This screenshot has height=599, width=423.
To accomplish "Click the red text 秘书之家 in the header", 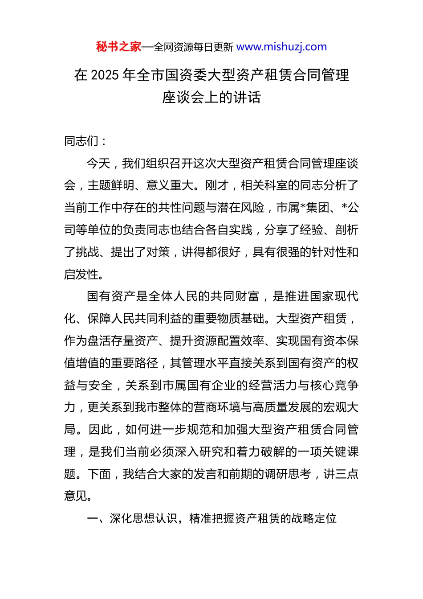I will (118, 47).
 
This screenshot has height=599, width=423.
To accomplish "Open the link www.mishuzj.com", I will (281, 47).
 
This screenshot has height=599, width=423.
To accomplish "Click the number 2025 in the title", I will (105, 75).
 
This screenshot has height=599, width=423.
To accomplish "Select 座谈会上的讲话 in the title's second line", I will (211, 97).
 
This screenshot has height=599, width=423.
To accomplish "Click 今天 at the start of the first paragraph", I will (98, 164).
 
